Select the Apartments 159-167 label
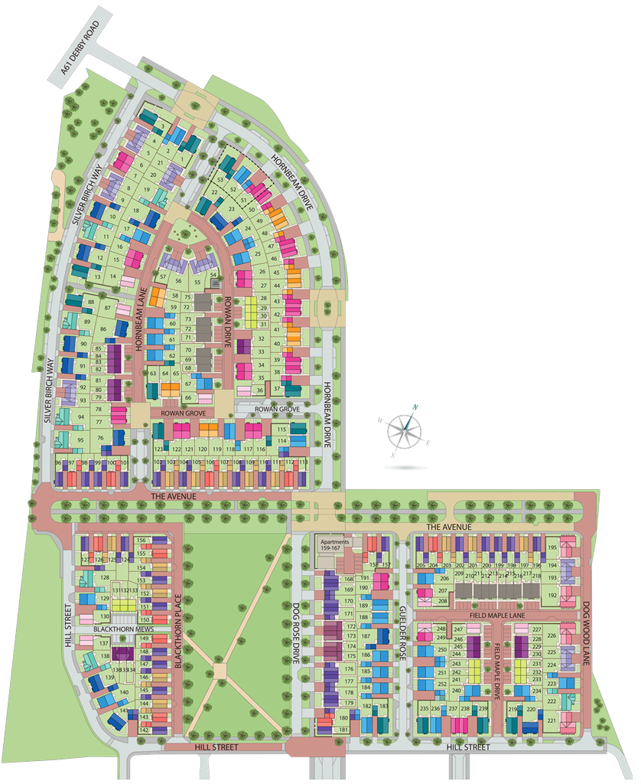coord(334,545)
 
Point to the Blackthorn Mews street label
coord(123,629)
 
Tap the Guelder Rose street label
coord(402,620)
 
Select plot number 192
coord(552,595)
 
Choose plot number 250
coord(441,650)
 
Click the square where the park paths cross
coord(220,671)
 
